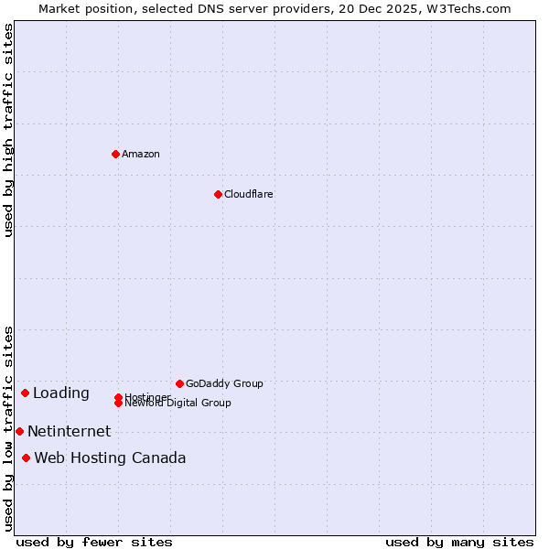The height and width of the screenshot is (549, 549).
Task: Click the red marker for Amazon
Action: (x=115, y=154)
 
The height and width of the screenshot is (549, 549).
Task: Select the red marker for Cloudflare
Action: (x=218, y=194)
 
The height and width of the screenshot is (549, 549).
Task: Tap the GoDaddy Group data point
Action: (x=179, y=383)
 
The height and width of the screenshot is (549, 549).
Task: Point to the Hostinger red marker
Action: (x=118, y=397)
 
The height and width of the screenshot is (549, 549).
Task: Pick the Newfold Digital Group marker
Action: (x=118, y=404)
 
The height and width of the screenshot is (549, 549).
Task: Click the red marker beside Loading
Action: (x=25, y=393)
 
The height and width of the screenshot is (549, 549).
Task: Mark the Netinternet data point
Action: (x=19, y=431)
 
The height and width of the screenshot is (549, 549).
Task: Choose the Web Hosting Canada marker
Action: (x=26, y=457)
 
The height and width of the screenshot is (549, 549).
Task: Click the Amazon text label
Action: (x=141, y=154)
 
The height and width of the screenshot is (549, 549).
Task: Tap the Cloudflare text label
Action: (x=249, y=194)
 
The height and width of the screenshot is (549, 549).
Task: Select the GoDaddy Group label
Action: (x=224, y=383)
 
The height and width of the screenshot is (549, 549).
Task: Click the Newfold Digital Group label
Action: (x=178, y=404)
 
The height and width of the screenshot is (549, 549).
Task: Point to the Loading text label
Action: (x=61, y=393)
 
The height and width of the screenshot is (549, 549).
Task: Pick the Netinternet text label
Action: (x=70, y=432)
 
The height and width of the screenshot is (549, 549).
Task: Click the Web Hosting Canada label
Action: (x=110, y=458)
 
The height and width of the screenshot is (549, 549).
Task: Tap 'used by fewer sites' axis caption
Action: (x=94, y=542)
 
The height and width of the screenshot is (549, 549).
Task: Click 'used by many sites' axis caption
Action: (x=459, y=542)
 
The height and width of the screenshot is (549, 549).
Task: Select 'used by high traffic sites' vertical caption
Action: (x=8, y=131)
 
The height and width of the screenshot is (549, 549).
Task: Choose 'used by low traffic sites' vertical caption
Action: (x=8, y=428)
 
